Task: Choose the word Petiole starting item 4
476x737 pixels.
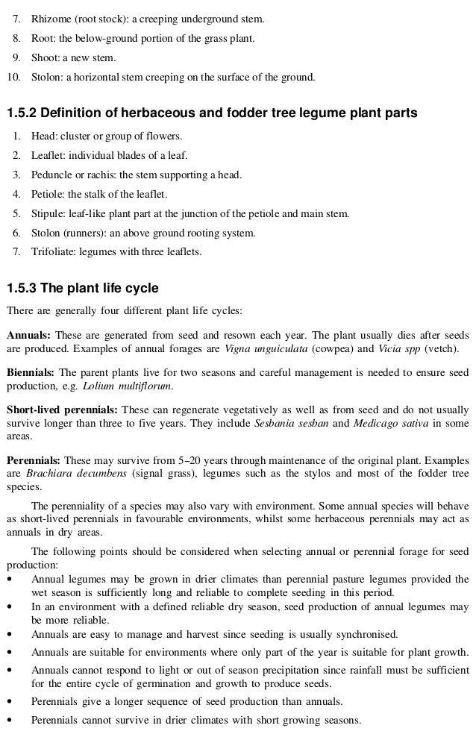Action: tap(47, 195)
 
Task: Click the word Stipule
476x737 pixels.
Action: tap(47, 213)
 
